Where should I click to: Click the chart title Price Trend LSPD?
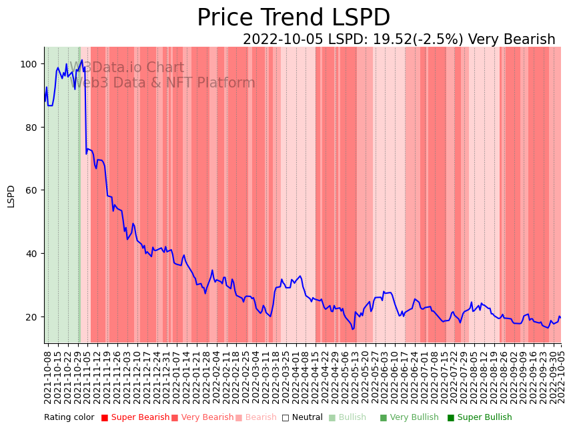tap(294, 18)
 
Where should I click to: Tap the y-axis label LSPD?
tap(11, 196)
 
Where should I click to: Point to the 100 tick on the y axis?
tap(29, 64)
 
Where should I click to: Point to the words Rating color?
tap(69, 417)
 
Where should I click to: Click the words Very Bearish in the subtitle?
tap(512, 39)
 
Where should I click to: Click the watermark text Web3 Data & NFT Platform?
tap(163, 83)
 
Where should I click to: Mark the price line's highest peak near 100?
tap(82, 60)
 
